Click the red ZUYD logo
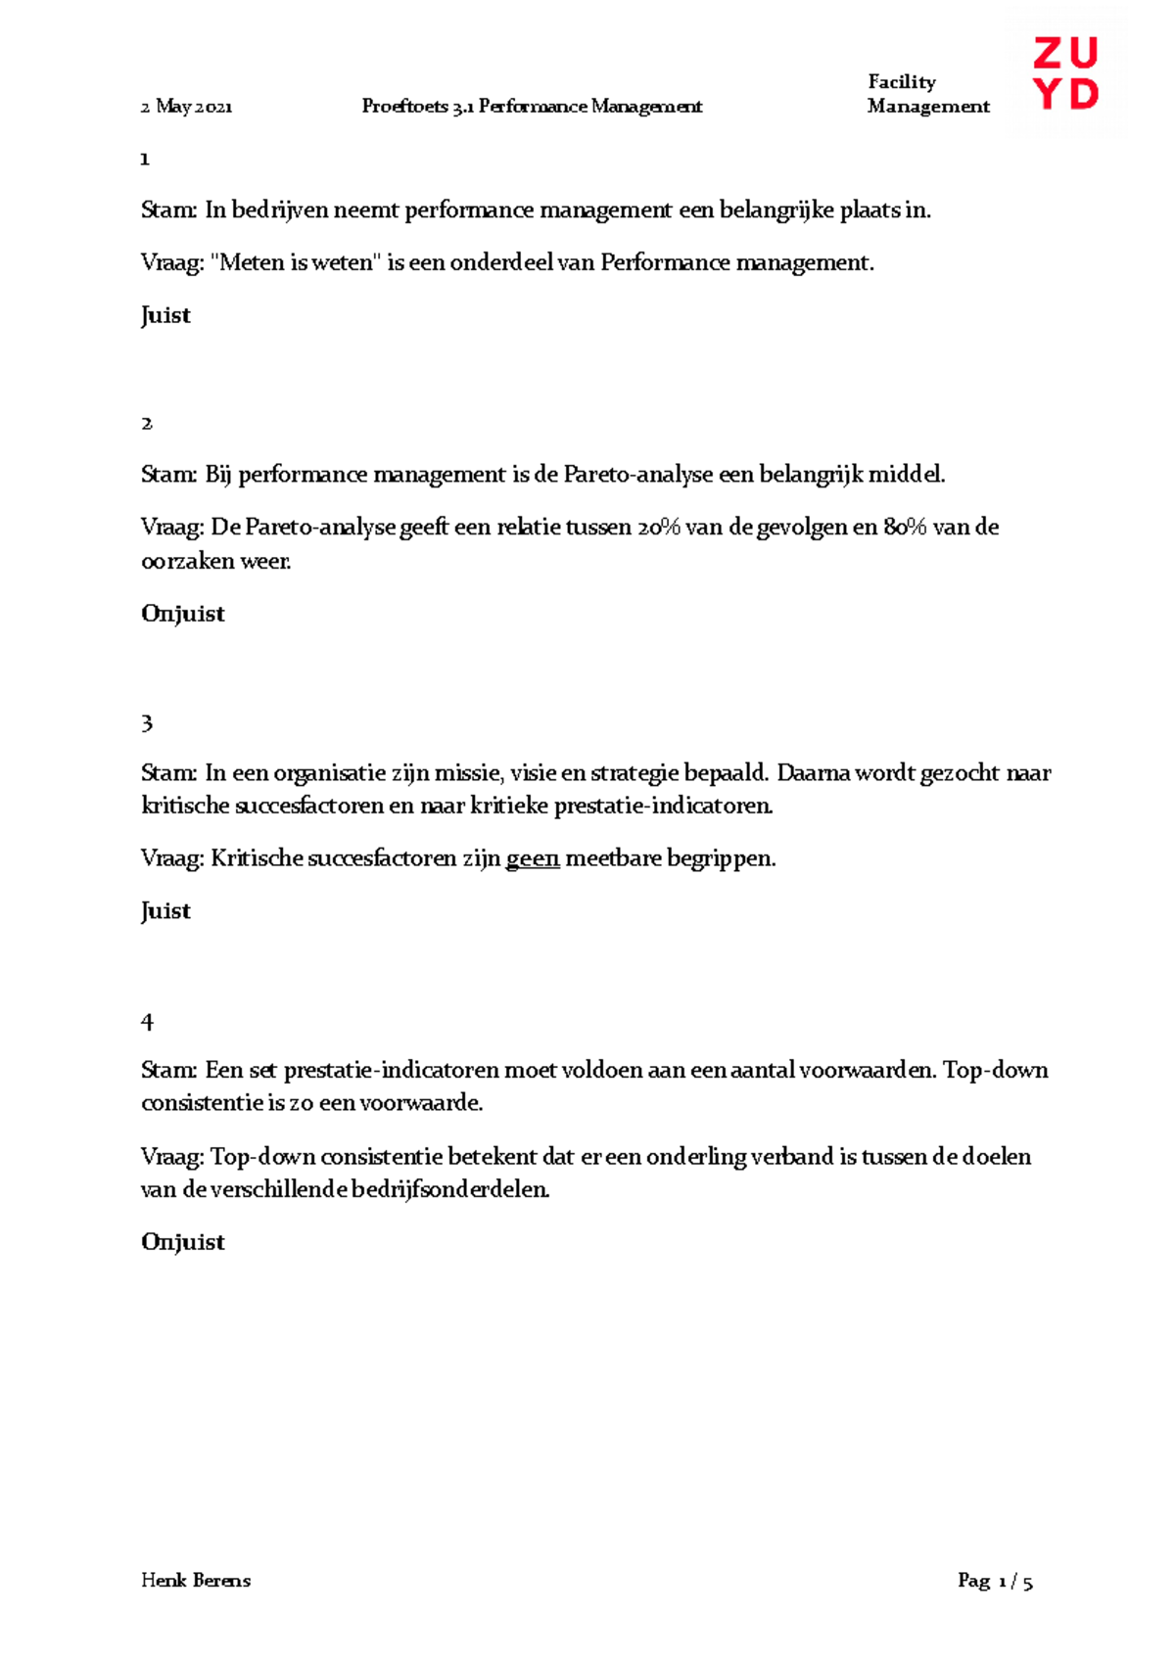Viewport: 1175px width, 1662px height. [x=1065, y=73]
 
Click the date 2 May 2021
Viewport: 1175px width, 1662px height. [x=186, y=107]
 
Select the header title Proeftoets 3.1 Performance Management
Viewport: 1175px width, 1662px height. [x=532, y=107]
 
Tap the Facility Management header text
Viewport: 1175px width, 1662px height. [x=927, y=94]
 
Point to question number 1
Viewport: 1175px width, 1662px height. [x=145, y=160]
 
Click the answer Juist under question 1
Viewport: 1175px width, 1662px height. [x=165, y=315]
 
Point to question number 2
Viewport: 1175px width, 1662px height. [x=147, y=423]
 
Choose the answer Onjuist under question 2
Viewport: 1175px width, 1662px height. [x=183, y=614]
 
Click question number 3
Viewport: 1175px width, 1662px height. [x=147, y=723]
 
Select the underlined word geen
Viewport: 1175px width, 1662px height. [x=533, y=859]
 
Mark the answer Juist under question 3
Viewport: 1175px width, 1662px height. [x=165, y=911]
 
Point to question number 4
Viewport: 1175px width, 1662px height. [x=147, y=1022]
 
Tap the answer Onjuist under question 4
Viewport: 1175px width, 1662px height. [x=183, y=1242]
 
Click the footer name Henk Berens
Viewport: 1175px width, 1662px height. [x=196, y=1581]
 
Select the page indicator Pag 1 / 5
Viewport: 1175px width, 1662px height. [x=995, y=1581]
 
